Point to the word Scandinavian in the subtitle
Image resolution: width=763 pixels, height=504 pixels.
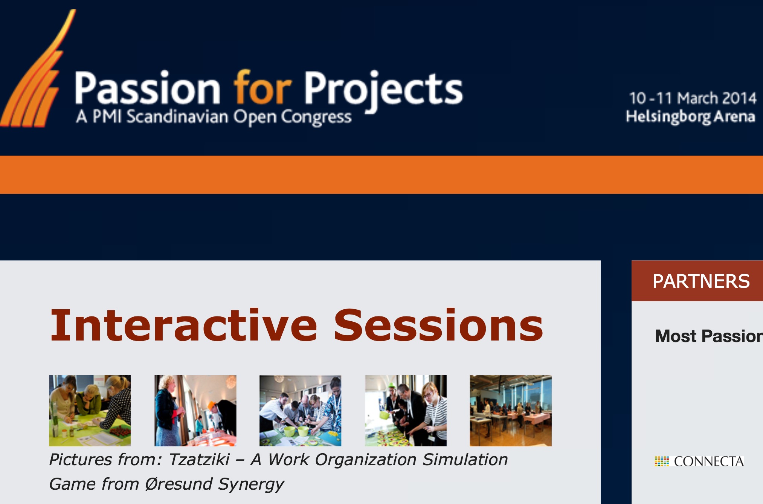tap(177, 116)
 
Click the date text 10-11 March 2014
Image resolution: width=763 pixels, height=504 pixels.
tap(693, 98)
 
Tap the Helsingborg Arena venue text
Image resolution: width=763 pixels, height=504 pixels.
tap(690, 117)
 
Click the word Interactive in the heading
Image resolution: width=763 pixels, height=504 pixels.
tap(184, 325)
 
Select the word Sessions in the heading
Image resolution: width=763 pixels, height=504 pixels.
tap(438, 325)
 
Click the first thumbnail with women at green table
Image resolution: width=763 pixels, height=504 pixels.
tap(90, 411)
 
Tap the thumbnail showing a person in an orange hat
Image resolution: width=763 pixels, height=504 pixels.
tap(195, 411)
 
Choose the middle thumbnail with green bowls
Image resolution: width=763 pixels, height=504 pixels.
tap(300, 411)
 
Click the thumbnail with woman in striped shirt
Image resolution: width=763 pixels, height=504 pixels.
tap(406, 411)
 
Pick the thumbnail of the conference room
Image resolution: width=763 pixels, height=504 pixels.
tap(511, 411)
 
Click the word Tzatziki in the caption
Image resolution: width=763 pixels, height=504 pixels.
tap(199, 459)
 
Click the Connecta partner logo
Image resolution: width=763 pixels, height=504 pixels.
tap(699, 461)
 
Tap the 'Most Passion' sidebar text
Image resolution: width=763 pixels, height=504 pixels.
tap(709, 336)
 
